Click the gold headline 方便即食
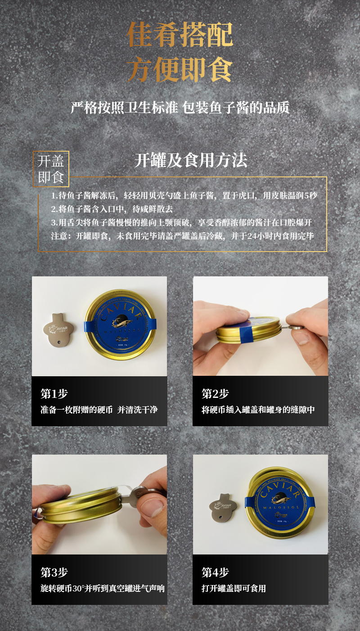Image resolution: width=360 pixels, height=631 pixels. pyautogui.click(x=180, y=70)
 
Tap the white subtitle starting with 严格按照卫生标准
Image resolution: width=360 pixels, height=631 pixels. pyautogui.click(x=180, y=108)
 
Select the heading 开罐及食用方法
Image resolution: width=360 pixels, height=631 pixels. pyautogui.click(x=191, y=161)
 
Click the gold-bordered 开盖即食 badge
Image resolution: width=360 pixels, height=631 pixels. pyautogui.click(x=51, y=169)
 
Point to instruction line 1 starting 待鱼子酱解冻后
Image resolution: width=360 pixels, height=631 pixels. pyautogui.click(x=184, y=196)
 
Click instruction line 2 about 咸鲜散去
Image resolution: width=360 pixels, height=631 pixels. pyautogui.click(x=112, y=209)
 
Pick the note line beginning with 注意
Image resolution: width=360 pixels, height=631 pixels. pyautogui.click(x=182, y=236)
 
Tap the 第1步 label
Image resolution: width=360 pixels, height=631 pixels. pyautogui.click(x=54, y=394)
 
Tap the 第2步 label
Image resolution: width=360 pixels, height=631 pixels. pyautogui.click(x=215, y=394)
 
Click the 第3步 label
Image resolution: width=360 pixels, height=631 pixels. pyautogui.click(x=54, y=572)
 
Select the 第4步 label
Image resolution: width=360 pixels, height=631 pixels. pyautogui.click(x=215, y=572)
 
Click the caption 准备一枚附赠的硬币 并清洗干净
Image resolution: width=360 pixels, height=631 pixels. pyautogui.click(x=99, y=410)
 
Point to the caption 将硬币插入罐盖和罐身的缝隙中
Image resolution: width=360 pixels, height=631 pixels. pyautogui.click(x=258, y=410)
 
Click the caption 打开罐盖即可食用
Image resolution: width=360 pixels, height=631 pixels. pyautogui.click(x=234, y=589)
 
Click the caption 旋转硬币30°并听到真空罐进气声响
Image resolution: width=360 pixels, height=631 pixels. pyautogui.click(x=103, y=589)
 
